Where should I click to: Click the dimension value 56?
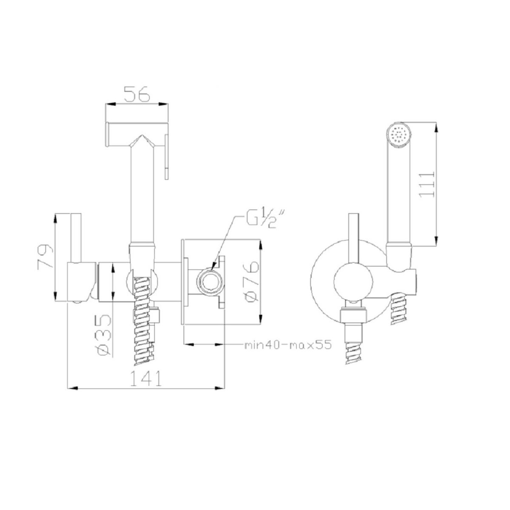coord(137,93)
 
